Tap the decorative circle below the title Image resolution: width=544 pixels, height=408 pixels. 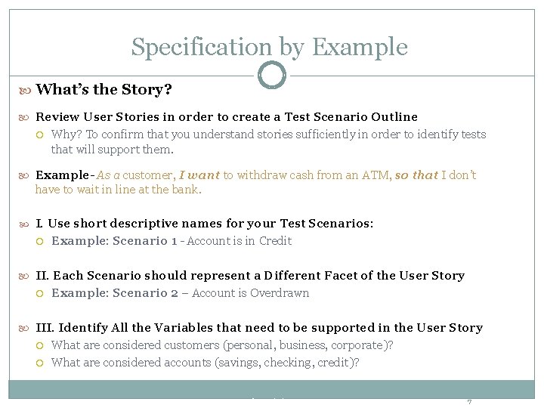pos(272,76)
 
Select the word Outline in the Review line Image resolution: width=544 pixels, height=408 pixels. pos(392,117)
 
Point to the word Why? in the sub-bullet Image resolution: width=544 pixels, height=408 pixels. pos(66,134)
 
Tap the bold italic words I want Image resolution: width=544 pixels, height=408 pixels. pos(199,175)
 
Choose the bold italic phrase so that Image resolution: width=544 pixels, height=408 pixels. pos(416,175)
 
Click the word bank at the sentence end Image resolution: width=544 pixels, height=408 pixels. pos(186,190)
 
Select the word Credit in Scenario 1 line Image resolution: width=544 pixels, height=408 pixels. pos(275,241)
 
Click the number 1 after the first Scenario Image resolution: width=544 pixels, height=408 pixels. pos(174,241)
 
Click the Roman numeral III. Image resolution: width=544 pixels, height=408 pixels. pos(45,328)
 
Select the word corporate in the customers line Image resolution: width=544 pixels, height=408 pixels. pos(360,345)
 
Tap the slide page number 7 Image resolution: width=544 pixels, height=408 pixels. pos(469,401)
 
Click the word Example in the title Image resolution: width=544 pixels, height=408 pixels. pos(359,47)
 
